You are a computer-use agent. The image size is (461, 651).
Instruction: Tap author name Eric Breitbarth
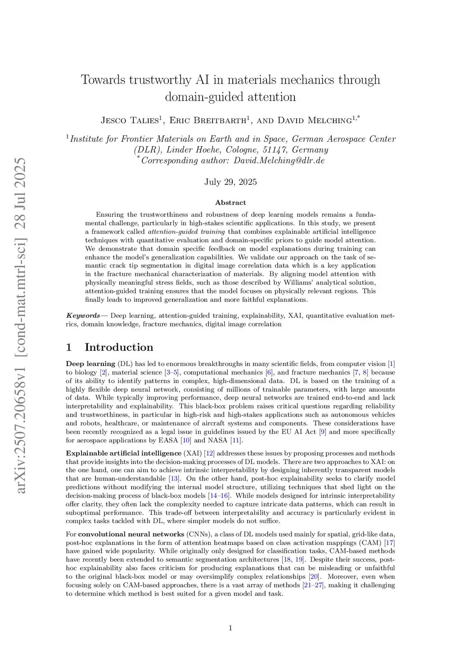pyautogui.click(x=208, y=120)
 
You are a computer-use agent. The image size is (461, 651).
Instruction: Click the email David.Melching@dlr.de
pyautogui.click(x=279, y=161)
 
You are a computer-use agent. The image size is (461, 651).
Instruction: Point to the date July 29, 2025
pyautogui.click(x=230, y=182)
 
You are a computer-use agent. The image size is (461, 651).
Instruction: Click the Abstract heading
pyautogui.click(x=230, y=203)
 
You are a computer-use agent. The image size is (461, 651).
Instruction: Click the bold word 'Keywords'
pyautogui.click(x=83, y=316)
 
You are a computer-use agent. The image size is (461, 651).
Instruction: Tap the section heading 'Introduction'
pyautogui.click(x=119, y=348)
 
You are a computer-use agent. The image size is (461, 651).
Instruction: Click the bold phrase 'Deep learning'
pyautogui.click(x=90, y=364)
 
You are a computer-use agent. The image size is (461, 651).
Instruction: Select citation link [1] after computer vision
pyautogui.click(x=391, y=364)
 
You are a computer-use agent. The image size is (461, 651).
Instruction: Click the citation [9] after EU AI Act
pyautogui.click(x=322, y=432)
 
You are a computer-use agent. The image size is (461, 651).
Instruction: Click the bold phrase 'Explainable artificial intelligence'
pyautogui.click(x=123, y=453)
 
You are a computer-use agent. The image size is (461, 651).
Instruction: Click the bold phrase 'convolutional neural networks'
pyautogui.click(x=131, y=534)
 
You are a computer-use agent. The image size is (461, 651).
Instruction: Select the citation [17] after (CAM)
pyautogui.click(x=389, y=543)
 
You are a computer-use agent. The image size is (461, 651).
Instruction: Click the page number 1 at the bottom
pyautogui.click(x=230, y=628)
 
